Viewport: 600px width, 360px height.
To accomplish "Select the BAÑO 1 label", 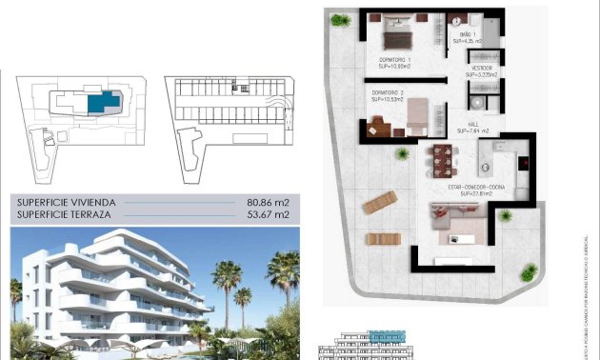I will click(x=467, y=34).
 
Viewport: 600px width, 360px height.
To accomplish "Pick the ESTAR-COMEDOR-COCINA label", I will click(x=475, y=188).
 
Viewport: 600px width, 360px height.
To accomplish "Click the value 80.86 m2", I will click(x=268, y=203).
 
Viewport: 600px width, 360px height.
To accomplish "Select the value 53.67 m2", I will click(x=268, y=215).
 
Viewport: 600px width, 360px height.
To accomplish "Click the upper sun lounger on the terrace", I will click(x=379, y=203).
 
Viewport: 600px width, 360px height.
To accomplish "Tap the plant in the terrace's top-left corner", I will click(x=341, y=20).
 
